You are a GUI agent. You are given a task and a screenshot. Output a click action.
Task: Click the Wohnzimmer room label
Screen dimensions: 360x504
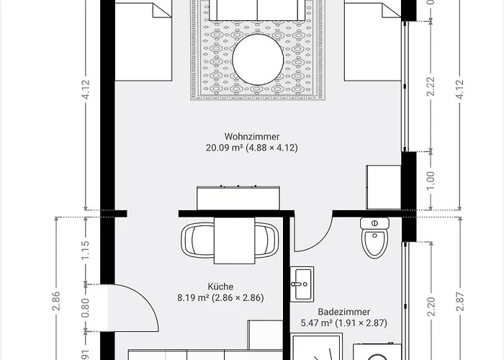(x=251, y=135)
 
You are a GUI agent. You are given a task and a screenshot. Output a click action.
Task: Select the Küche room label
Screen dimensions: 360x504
(x=220, y=286)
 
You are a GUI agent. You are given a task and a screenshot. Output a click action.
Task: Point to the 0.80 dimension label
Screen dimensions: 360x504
(x=85, y=308)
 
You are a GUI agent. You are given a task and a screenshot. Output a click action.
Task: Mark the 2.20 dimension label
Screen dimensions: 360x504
(x=430, y=308)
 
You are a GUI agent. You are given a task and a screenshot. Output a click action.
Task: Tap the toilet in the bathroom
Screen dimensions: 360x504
(x=374, y=238)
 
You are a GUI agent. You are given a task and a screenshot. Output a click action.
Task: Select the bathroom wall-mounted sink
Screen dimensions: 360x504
(x=302, y=282)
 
